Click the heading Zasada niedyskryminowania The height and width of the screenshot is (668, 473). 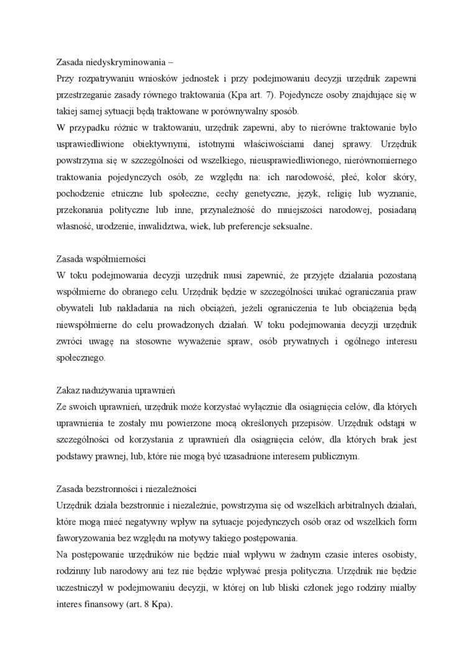click(x=110, y=62)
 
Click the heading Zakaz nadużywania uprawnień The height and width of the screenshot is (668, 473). click(x=115, y=390)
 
